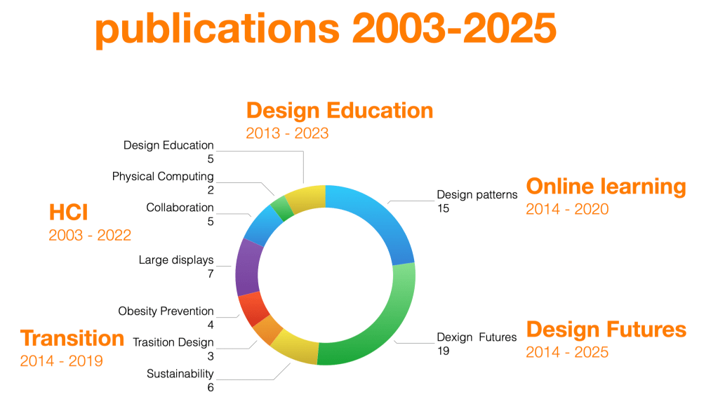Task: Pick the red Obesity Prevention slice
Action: [x=253, y=309]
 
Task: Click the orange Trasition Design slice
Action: [x=268, y=330]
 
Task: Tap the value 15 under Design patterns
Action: [x=443, y=208]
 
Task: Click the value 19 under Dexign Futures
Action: [x=443, y=351]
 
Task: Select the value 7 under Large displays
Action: [x=210, y=274]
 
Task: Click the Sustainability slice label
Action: [x=180, y=374]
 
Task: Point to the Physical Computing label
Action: [x=163, y=177]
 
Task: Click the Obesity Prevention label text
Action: [x=166, y=311]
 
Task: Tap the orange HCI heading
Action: [x=68, y=213]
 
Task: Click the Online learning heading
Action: [x=606, y=187]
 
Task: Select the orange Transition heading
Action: [x=72, y=338]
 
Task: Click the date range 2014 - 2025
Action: [x=567, y=352]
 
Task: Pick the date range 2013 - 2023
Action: [x=287, y=133]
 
